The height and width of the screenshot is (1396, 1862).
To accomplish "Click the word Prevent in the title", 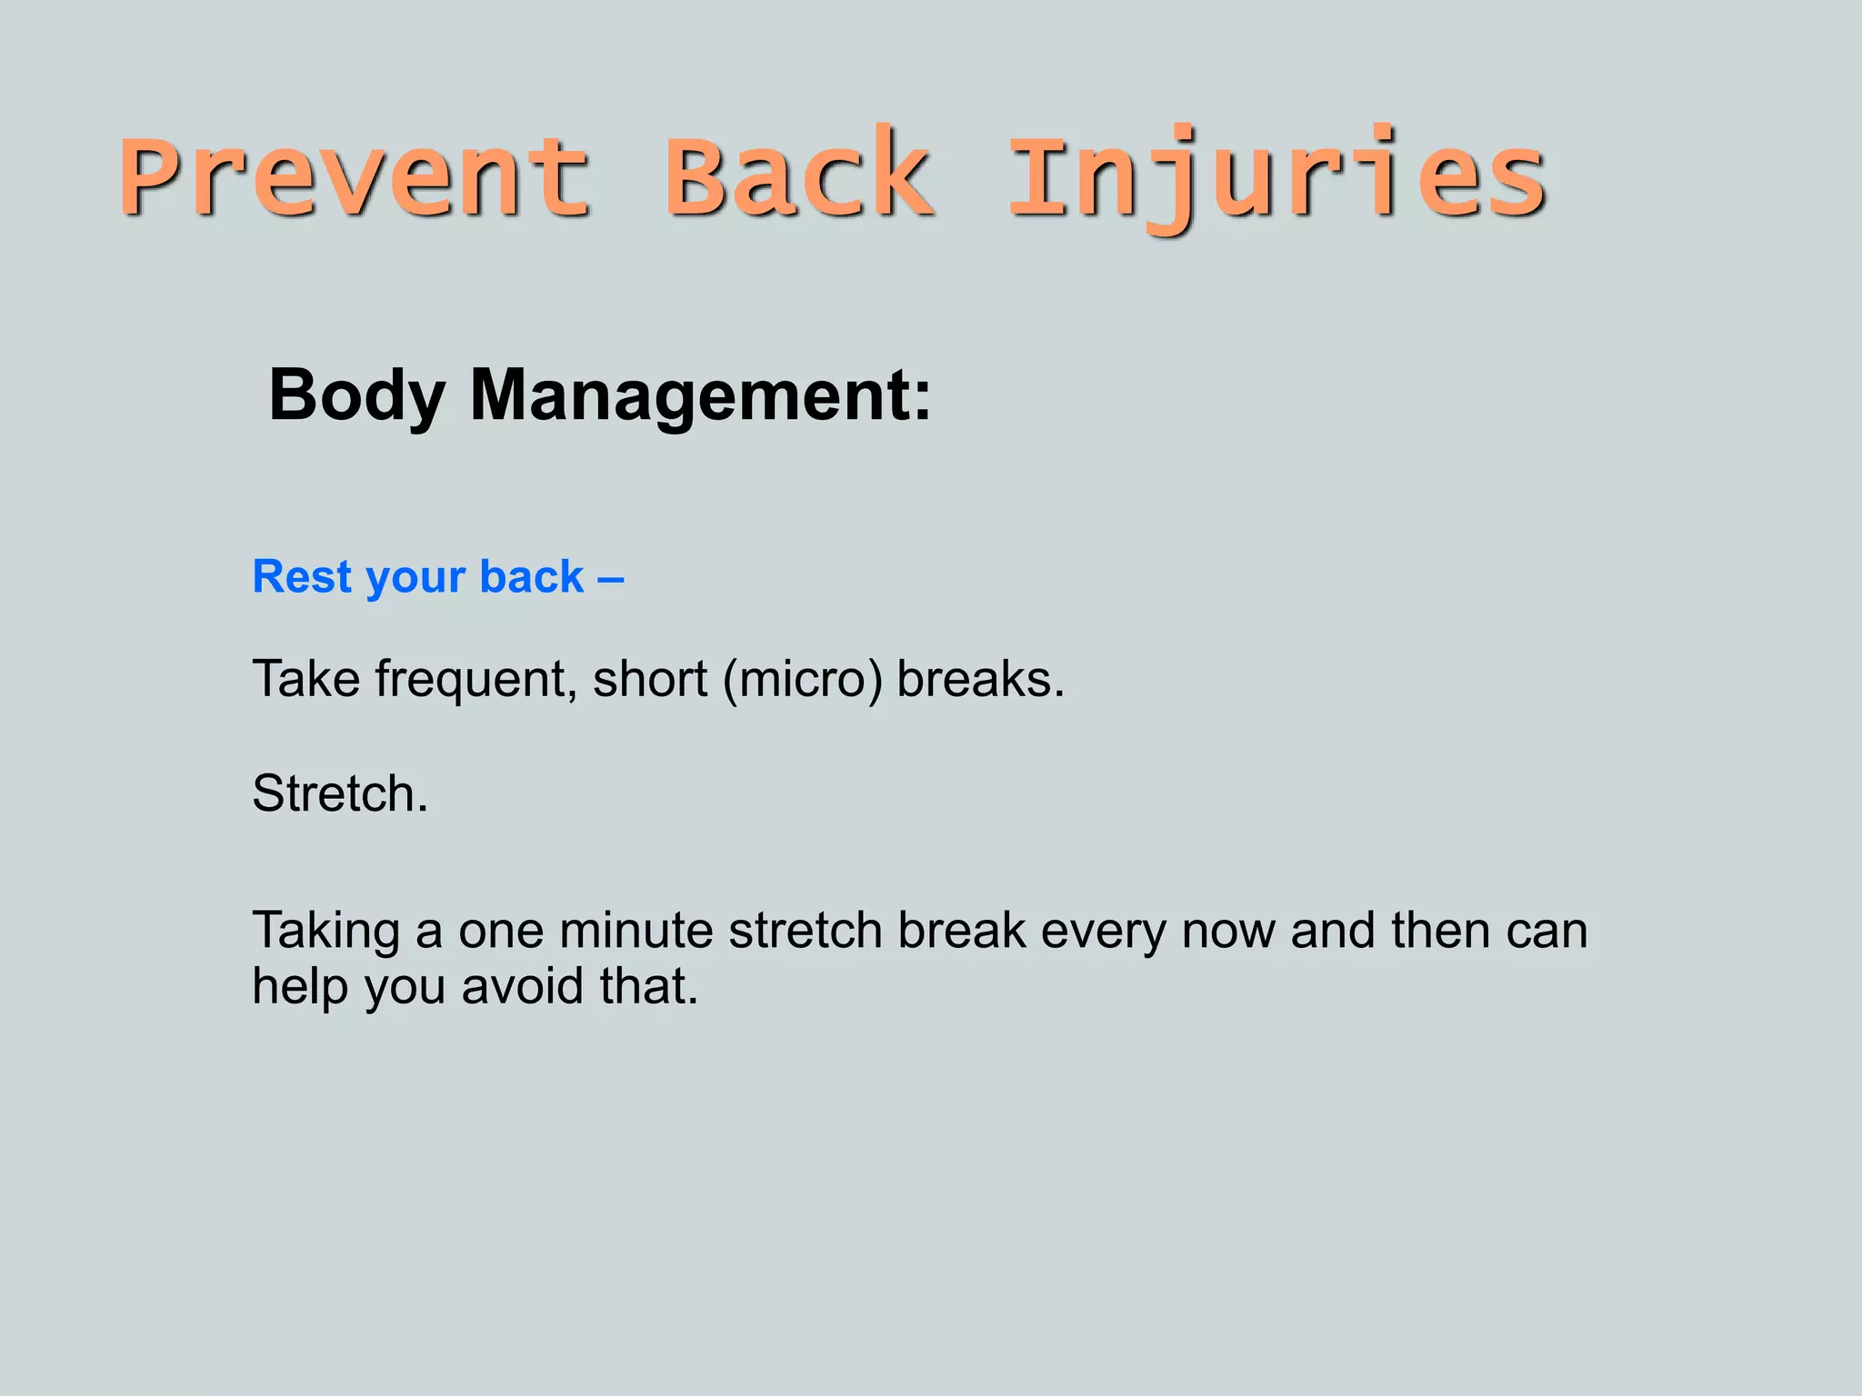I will tap(355, 177).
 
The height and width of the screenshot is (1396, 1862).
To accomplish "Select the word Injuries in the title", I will tap(1277, 177).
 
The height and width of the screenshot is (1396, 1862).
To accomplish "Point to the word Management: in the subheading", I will tap(700, 397).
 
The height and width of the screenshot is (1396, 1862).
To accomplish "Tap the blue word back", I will tap(531, 577).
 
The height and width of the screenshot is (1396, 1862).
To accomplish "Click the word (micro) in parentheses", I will tap(802, 680).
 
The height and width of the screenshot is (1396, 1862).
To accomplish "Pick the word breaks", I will tap(979, 680).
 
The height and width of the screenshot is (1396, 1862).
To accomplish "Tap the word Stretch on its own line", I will tap(338, 793).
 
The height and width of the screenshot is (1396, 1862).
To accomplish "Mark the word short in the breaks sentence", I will tap(650, 680).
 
